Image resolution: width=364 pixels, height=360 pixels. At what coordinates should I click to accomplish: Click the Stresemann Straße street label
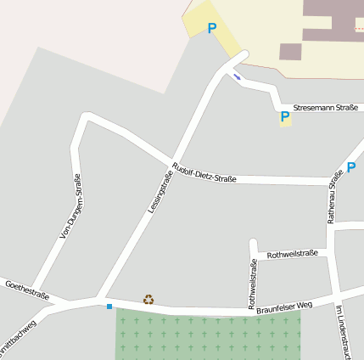click(325, 109)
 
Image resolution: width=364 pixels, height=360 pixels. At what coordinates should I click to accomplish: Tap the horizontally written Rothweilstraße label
click(292, 254)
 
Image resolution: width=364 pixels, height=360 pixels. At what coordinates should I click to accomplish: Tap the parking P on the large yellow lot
click(211, 28)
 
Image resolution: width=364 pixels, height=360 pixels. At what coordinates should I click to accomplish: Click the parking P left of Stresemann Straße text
click(284, 117)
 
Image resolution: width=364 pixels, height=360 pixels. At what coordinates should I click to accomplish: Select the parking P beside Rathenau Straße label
click(351, 167)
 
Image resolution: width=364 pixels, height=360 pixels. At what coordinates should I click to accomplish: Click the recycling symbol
click(148, 299)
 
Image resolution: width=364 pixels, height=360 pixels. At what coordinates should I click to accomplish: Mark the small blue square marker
click(109, 306)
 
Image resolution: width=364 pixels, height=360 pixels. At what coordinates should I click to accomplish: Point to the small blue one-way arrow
click(237, 77)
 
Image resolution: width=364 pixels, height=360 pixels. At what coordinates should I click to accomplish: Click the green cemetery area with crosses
click(208, 335)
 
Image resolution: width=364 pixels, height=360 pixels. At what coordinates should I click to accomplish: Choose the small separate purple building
click(290, 52)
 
